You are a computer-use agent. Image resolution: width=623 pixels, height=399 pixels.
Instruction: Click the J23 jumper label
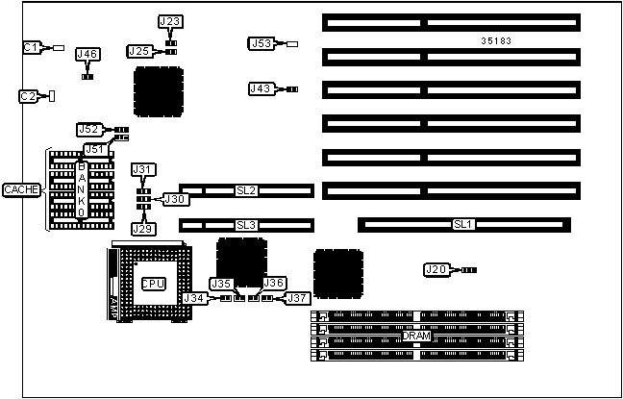[169, 21]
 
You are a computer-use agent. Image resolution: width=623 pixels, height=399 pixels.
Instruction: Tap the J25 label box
[138, 51]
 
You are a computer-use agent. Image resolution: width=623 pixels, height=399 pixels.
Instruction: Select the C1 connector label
[32, 47]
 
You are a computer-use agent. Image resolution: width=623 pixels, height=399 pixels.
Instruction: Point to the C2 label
[29, 96]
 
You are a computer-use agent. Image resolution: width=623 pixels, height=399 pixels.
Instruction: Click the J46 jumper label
[87, 55]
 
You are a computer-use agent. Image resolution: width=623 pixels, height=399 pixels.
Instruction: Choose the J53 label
[261, 43]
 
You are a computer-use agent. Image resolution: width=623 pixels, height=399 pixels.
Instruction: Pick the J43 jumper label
[261, 88]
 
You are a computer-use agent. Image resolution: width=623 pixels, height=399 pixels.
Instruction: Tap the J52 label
[88, 129]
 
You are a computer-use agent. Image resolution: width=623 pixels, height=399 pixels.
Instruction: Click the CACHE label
[21, 190]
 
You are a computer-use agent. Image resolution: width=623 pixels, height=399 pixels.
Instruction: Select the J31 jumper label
[142, 170]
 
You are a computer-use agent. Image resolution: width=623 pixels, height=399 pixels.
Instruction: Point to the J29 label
[142, 228]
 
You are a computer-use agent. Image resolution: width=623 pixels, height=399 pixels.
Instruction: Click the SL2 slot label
[246, 191]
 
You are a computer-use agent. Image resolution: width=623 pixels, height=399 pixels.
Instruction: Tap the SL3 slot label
[246, 225]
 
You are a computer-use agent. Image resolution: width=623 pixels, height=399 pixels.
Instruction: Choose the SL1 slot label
[463, 225]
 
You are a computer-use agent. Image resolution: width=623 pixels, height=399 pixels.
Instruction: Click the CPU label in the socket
[153, 284]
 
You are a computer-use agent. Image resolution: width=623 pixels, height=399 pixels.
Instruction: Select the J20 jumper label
[436, 270]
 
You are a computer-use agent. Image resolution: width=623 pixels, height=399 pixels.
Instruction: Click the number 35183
[497, 41]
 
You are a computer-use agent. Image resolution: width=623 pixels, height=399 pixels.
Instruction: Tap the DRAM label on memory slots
[418, 335]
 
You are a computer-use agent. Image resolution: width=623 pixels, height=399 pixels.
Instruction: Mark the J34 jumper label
[195, 299]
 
